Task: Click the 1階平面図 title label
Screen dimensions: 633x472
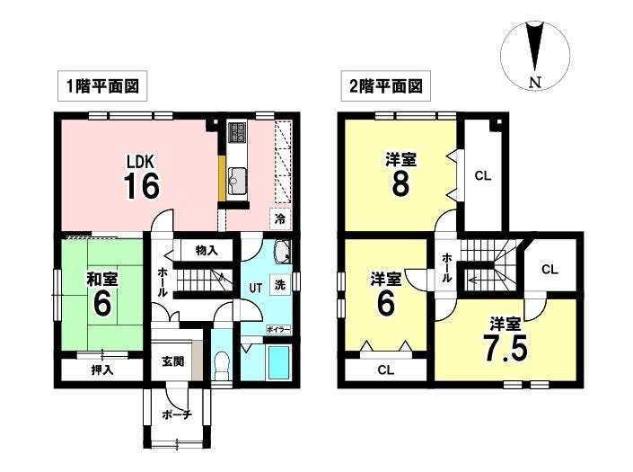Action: (x=102, y=86)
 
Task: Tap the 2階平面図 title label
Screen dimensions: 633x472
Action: (x=386, y=86)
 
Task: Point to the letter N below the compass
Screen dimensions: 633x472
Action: (x=535, y=83)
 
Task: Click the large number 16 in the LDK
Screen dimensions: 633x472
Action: (x=141, y=185)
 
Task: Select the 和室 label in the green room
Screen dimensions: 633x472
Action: (x=102, y=280)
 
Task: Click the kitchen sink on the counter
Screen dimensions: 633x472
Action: (x=237, y=181)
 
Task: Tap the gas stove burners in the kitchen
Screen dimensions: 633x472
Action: (x=237, y=132)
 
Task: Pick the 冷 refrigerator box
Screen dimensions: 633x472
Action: (x=280, y=219)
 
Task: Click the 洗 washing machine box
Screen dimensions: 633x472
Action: (x=280, y=285)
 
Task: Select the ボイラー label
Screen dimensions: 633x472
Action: (x=278, y=330)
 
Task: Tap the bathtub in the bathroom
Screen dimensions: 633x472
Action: (x=279, y=362)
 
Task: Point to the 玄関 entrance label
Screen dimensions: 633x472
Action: (x=173, y=361)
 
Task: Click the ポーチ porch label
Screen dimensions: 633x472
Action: (x=177, y=414)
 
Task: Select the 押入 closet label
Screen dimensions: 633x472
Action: (x=101, y=370)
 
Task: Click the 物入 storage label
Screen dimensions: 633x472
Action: (x=207, y=250)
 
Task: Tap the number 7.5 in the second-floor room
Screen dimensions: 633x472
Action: (x=506, y=348)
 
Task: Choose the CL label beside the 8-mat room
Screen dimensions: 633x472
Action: (x=483, y=176)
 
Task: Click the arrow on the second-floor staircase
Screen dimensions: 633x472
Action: (x=471, y=279)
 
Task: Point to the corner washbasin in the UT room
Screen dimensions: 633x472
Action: (x=282, y=251)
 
